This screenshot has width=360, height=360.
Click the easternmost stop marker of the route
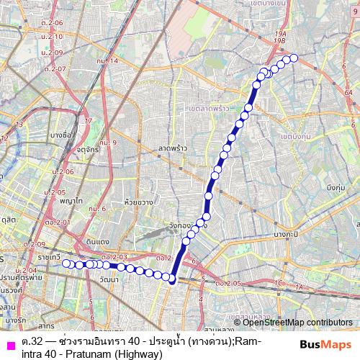click(x=293, y=58)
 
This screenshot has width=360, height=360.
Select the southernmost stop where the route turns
click(x=173, y=280)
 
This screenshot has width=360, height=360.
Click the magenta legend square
click(x=9, y=344)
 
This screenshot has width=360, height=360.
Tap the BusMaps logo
click(x=325, y=345)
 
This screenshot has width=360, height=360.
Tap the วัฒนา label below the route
click(x=110, y=278)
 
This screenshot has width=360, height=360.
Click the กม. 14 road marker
click(x=107, y=60)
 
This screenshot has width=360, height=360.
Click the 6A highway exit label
click(x=349, y=92)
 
